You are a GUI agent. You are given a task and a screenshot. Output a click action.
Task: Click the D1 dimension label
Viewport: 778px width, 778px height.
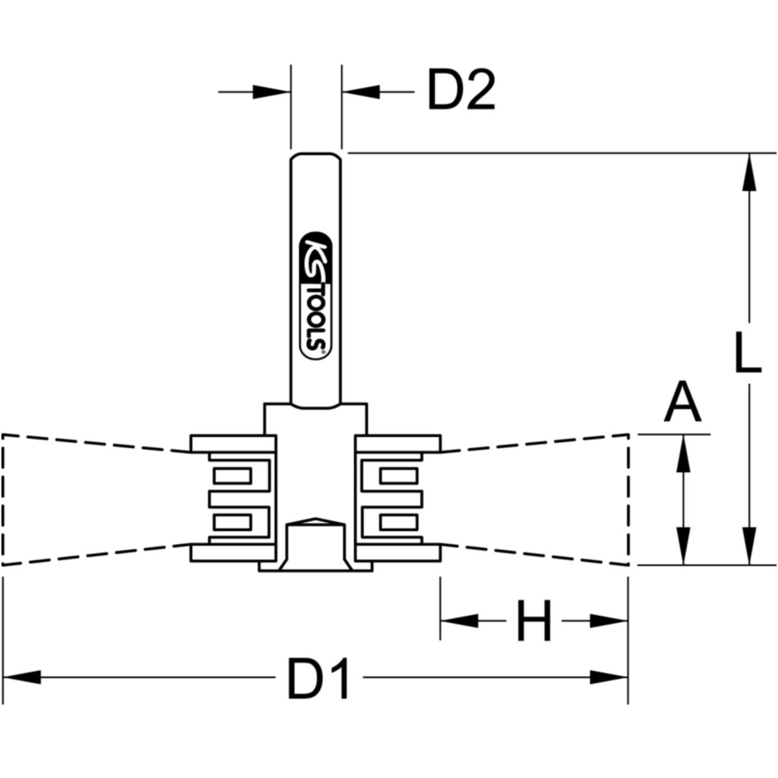[318, 678]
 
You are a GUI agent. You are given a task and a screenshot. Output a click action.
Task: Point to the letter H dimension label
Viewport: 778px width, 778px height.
[534, 621]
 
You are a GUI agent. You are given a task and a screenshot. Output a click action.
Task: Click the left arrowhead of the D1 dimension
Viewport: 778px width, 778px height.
[23, 678]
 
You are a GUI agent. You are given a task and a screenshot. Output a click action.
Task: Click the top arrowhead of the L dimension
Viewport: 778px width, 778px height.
[749, 172]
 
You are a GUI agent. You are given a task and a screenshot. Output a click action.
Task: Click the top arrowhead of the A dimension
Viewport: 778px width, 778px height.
[683, 453]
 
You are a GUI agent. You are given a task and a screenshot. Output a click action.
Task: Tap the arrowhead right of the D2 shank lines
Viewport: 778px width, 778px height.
[360, 91]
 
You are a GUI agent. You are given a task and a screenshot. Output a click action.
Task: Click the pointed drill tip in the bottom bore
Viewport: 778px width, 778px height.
[316, 521]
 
